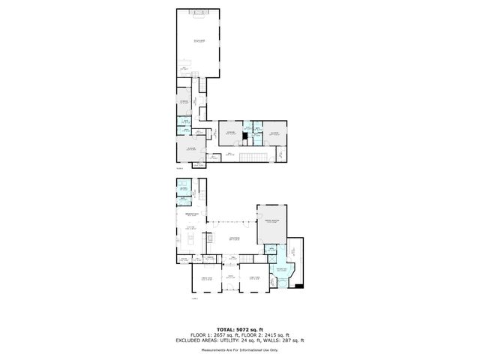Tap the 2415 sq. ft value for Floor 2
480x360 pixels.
click(x=282, y=335)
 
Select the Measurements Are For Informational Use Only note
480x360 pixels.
click(x=240, y=350)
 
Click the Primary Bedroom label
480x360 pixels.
click(x=271, y=221)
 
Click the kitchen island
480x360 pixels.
click(x=190, y=240)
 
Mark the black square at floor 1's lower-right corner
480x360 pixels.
click(x=299, y=285)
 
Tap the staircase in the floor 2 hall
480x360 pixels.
click(x=257, y=155)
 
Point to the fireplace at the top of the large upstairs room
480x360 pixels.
click(x=198, y=13)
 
